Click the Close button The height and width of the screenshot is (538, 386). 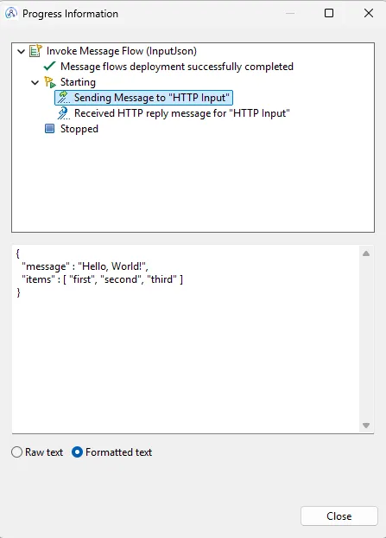click(x=339, y=516)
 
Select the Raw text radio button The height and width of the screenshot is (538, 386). click(x=16, y=452)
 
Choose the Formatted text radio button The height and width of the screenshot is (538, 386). click(x=77, y=452)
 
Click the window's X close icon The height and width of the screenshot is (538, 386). click(x=369, y=13)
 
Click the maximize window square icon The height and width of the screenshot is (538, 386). click(x=329, y=13)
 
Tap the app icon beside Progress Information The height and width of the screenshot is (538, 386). click(x=11, y=13)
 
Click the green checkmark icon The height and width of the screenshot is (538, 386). click(x=50, y=66)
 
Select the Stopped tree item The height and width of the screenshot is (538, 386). click(x=79, y=129)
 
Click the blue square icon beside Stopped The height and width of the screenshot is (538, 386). click(x=50, y=129)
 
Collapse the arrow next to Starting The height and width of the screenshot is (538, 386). click(x=35, y=82)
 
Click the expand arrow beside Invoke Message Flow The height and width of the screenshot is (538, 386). click(x=22, y=52)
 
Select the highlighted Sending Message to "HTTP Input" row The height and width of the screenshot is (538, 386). click(x=144, y=98)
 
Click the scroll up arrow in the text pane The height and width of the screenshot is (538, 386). click(x=366, y=253)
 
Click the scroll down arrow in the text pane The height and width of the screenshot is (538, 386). click(x=366, y=426)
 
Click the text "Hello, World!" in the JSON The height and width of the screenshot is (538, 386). click(x=112, y=266)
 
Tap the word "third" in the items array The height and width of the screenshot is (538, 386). click(x=161, y=279)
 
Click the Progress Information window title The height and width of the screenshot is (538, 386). click(x=70, y=14)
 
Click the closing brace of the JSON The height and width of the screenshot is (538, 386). click(x=18, y=292)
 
